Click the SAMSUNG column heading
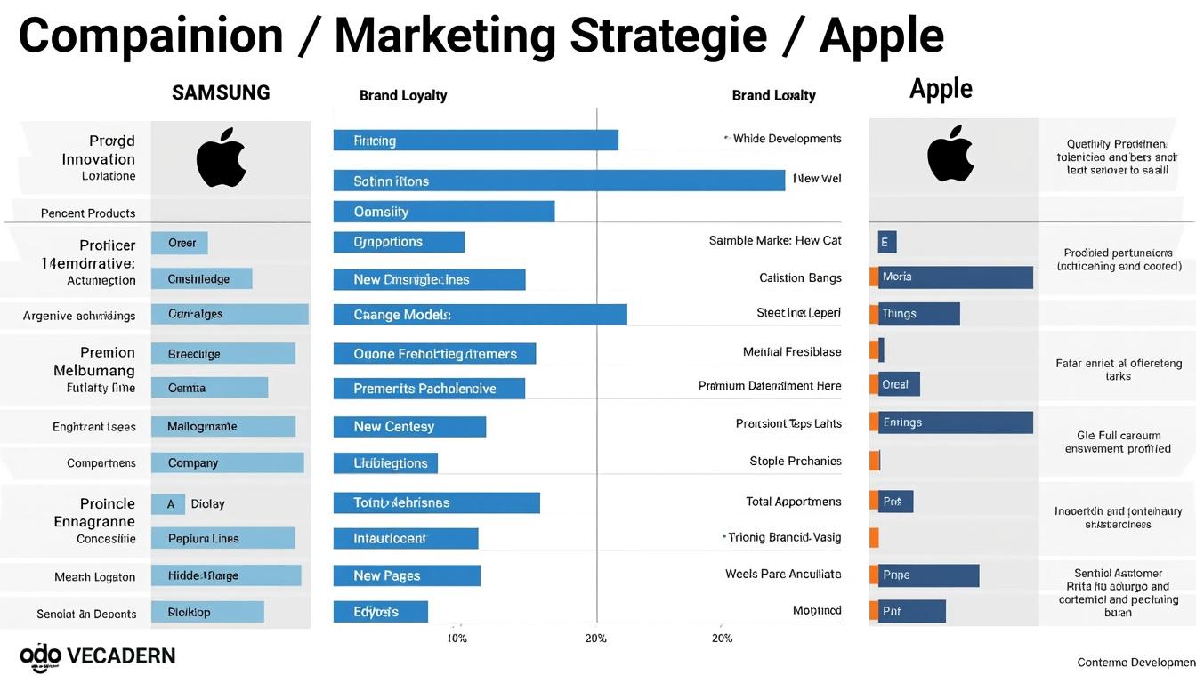pos(221,92)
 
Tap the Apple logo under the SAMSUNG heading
pos(221,157)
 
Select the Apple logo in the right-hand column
pos(950,153)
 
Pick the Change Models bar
pos(480,315)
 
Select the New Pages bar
pos(407,575)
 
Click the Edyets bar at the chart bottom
pos(380,612)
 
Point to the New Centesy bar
pos(409,427)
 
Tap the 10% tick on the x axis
pos(457,638)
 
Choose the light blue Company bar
pos(228,463)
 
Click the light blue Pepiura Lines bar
pos(222,538)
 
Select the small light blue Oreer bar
pos(180,243)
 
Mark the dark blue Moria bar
pos(956,277)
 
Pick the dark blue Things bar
pos(919,314)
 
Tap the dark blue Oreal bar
pos(899,384)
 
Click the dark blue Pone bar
pos(929,575)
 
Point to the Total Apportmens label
pos(793,502)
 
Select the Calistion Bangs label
pos(800,277)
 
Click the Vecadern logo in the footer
pos(98,656)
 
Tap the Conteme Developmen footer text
pos(1135,662)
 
